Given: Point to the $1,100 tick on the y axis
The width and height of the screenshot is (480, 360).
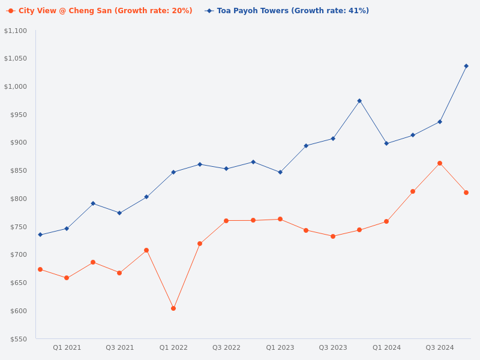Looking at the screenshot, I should point(16,31).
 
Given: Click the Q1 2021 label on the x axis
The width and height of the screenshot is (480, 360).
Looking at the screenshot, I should point(67,347).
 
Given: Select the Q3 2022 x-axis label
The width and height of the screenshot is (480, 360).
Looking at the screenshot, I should point(226,347).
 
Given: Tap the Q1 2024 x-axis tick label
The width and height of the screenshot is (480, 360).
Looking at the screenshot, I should point(386,347).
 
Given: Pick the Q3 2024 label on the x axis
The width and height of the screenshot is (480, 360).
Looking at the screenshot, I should point(440,347).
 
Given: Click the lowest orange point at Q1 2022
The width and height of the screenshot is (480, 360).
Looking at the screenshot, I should point(173,308).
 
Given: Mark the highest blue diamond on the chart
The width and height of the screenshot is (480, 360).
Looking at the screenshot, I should point(466,66).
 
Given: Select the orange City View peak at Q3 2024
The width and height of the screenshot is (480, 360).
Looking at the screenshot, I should point(440,163).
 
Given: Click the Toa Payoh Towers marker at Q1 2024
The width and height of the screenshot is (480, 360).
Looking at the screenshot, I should point(386,143).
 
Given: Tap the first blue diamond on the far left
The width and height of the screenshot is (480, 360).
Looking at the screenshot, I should point(40,235).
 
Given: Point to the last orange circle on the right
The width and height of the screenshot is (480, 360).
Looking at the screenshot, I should point(466,193).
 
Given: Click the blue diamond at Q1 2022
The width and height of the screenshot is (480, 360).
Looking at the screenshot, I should point(173,172).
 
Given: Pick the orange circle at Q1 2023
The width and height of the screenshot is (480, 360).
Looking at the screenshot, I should point(280,219).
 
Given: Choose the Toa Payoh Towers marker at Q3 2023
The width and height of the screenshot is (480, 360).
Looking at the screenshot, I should point(333,139).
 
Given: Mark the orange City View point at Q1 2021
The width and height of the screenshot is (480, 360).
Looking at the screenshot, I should point(67,278).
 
